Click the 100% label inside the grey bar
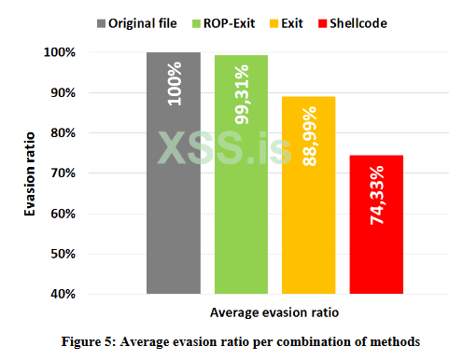point(175,83)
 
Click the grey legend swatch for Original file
point(104,21)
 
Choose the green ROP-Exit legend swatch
point(198,21)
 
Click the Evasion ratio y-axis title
point(31,173)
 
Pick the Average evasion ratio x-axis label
point(261,312)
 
